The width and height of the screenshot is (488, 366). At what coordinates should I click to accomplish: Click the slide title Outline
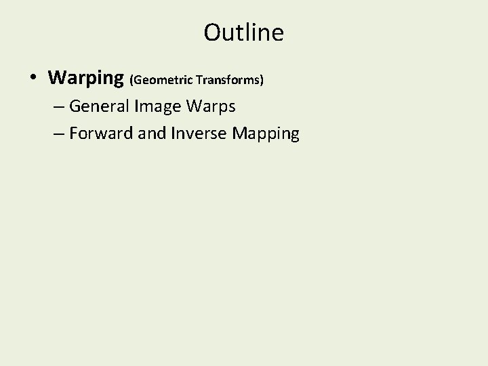tap(243, 32)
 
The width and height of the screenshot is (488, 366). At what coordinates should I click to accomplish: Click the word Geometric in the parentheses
tap(163, 80)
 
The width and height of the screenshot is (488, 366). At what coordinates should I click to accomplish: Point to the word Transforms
tap(227, 80)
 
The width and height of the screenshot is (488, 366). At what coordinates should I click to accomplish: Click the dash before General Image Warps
tap(58, 106)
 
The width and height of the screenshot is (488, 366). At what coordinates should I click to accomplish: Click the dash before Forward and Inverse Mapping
tap(58, 134)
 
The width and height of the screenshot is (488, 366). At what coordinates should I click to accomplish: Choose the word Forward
tap(101, 134)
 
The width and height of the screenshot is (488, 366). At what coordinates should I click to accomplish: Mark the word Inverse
tap(201, 134)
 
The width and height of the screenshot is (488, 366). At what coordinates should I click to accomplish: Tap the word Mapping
tap(265, 134)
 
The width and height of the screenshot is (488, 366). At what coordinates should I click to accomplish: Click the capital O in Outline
tap(212, 32)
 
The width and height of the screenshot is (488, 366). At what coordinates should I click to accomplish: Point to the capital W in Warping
tap(57, 78)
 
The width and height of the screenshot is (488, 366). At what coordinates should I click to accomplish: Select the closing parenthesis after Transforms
tap(261, 80)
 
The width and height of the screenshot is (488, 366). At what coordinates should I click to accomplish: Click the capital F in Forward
tap(73, 133)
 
